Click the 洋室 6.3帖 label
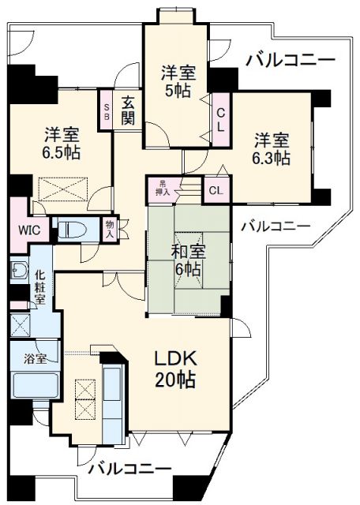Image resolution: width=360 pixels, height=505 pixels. click(x=272, y=149)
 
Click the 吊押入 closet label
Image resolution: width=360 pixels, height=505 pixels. click(x=162, y=189)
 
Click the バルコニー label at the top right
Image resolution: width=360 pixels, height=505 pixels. click(x=290, y=59)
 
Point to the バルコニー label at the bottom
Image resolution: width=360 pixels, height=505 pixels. click(x=129, y=469)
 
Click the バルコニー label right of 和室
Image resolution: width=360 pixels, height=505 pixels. click(x=276, y=225)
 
